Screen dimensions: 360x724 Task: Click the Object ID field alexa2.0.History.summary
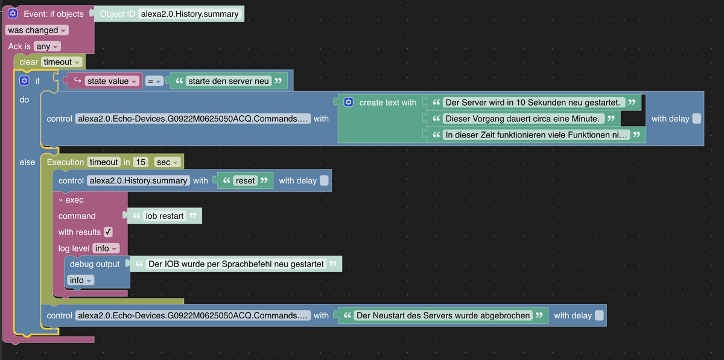(189, 14)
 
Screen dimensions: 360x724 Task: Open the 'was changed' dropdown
(37, 30)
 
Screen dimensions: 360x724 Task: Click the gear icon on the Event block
(13, 14)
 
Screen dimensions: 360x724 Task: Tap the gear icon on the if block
(25, 80)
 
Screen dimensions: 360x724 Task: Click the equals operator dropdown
(154, 81)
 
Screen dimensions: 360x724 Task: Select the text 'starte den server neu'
(229, 81)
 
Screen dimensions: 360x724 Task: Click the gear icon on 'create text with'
(349, 103)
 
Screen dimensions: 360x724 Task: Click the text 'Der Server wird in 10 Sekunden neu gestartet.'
(533, 103)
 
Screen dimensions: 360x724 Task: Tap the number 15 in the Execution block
(141, 162)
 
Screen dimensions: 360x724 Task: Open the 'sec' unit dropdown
(167, 162)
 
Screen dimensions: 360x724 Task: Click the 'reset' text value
(246, 180)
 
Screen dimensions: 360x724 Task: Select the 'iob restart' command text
(165, 216)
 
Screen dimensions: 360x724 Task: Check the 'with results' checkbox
(109, 232)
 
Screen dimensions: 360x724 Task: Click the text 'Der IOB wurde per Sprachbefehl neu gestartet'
(236, 264)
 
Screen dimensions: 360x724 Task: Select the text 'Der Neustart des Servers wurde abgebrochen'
(443, 315)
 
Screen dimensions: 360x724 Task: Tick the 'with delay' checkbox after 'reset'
(324, 180)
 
